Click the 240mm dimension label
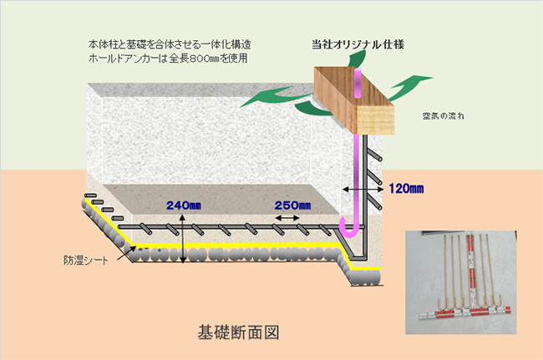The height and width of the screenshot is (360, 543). click(x=185, y=205)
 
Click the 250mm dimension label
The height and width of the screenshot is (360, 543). click(x=292, y=205)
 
